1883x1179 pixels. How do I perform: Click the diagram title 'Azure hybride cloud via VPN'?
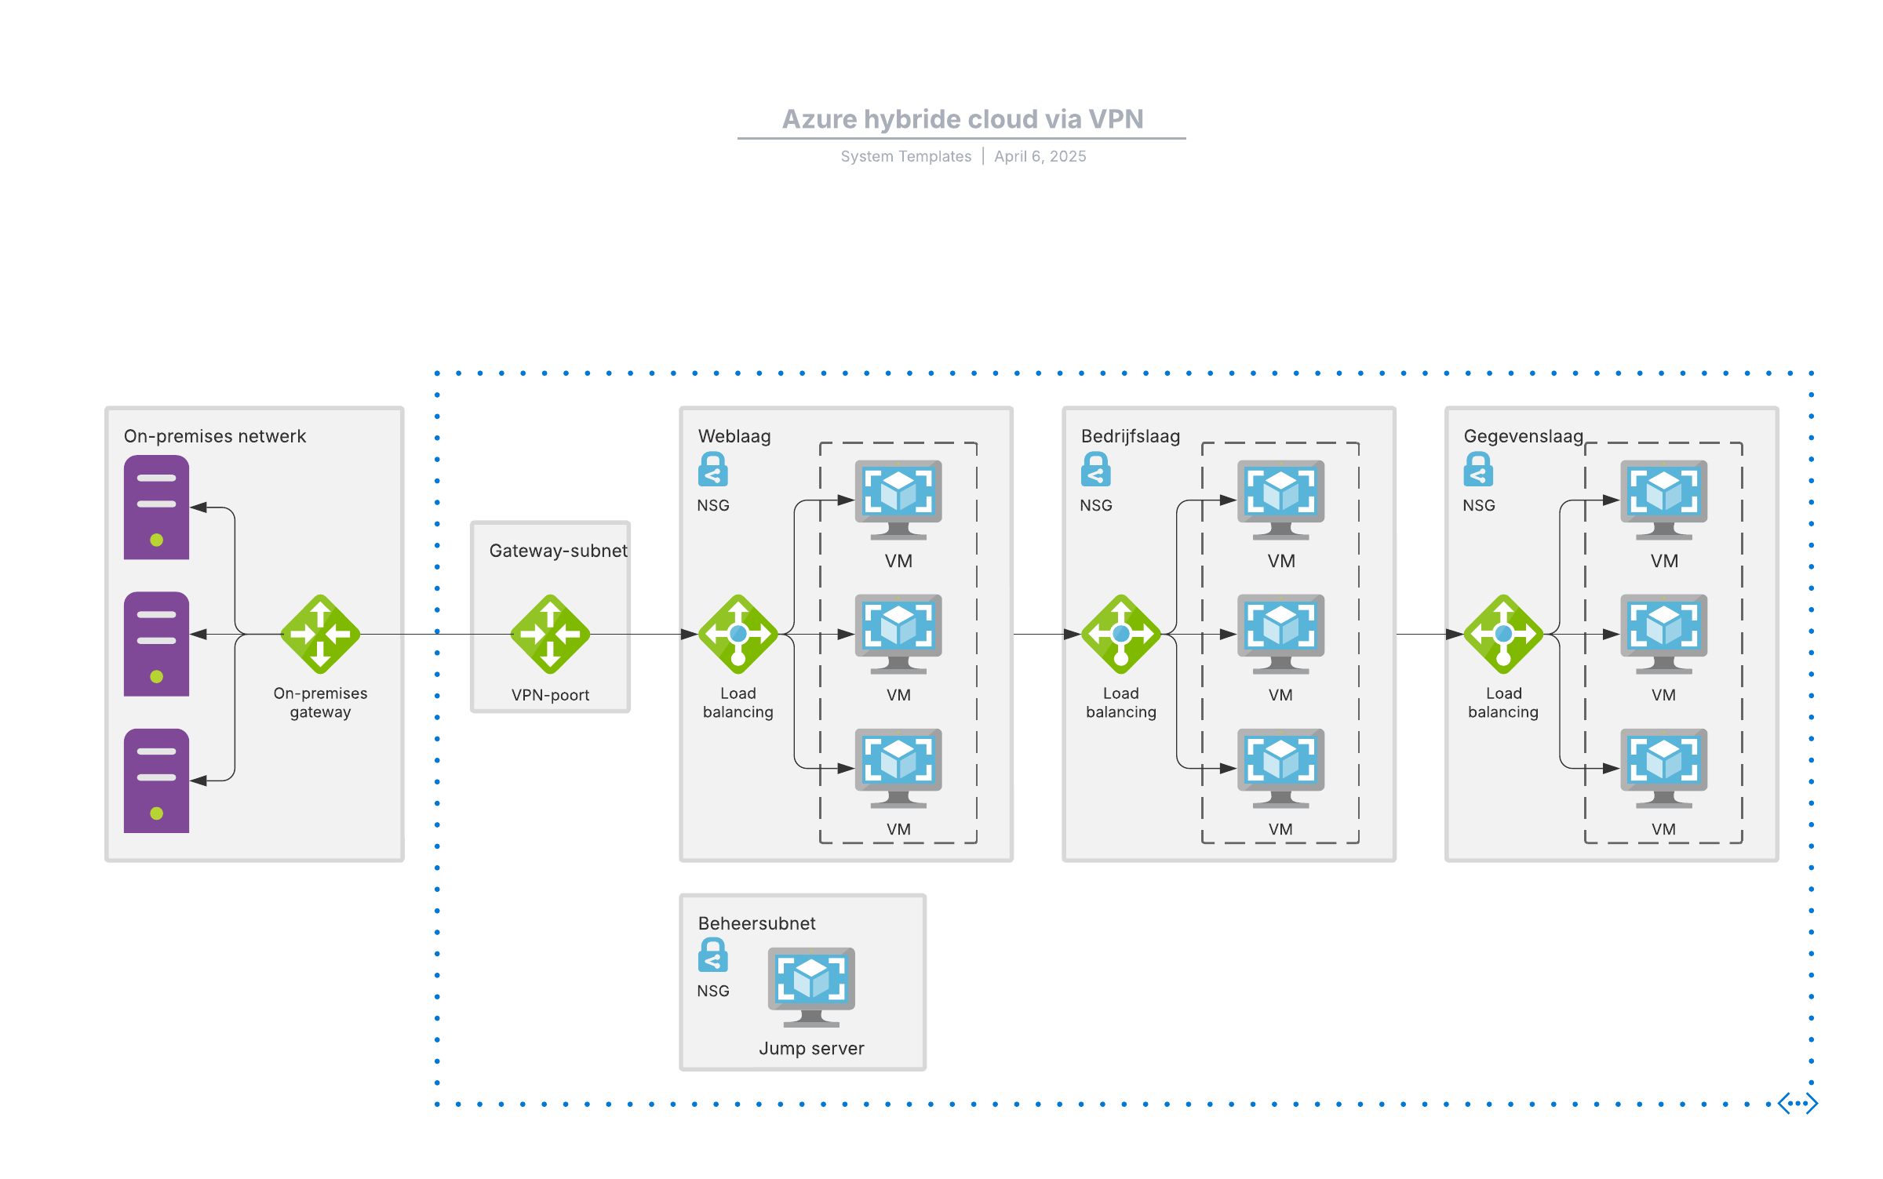[962, 119]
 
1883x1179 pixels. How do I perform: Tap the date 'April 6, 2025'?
[1040, 156]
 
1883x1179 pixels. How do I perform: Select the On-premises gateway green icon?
[320, 634]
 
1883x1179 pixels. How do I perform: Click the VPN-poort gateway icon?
[550, 634]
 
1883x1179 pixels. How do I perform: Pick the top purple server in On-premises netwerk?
[156, 507]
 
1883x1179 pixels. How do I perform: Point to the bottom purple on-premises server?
[156, 781]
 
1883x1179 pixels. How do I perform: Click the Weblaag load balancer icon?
[738, 634]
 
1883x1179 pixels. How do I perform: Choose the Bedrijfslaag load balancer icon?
[1120, 634]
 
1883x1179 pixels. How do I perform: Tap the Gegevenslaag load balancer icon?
[1503, 634]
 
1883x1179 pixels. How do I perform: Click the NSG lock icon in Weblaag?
[712, 469]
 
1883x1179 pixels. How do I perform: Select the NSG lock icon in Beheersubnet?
[712, 955]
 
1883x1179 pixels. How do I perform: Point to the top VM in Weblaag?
[898, 499]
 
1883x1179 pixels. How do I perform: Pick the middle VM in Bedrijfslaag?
[1280, 633]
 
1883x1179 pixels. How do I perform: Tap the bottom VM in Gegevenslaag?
[1663, 767]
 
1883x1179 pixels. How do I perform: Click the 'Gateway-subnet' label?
[558, 551]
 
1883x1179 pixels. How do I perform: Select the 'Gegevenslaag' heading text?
[1523, 436]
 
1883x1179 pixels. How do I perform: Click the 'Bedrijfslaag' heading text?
[1130, 436]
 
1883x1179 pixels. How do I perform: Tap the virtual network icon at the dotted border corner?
[1797, 1103]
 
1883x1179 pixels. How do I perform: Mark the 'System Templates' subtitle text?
[905, 156]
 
